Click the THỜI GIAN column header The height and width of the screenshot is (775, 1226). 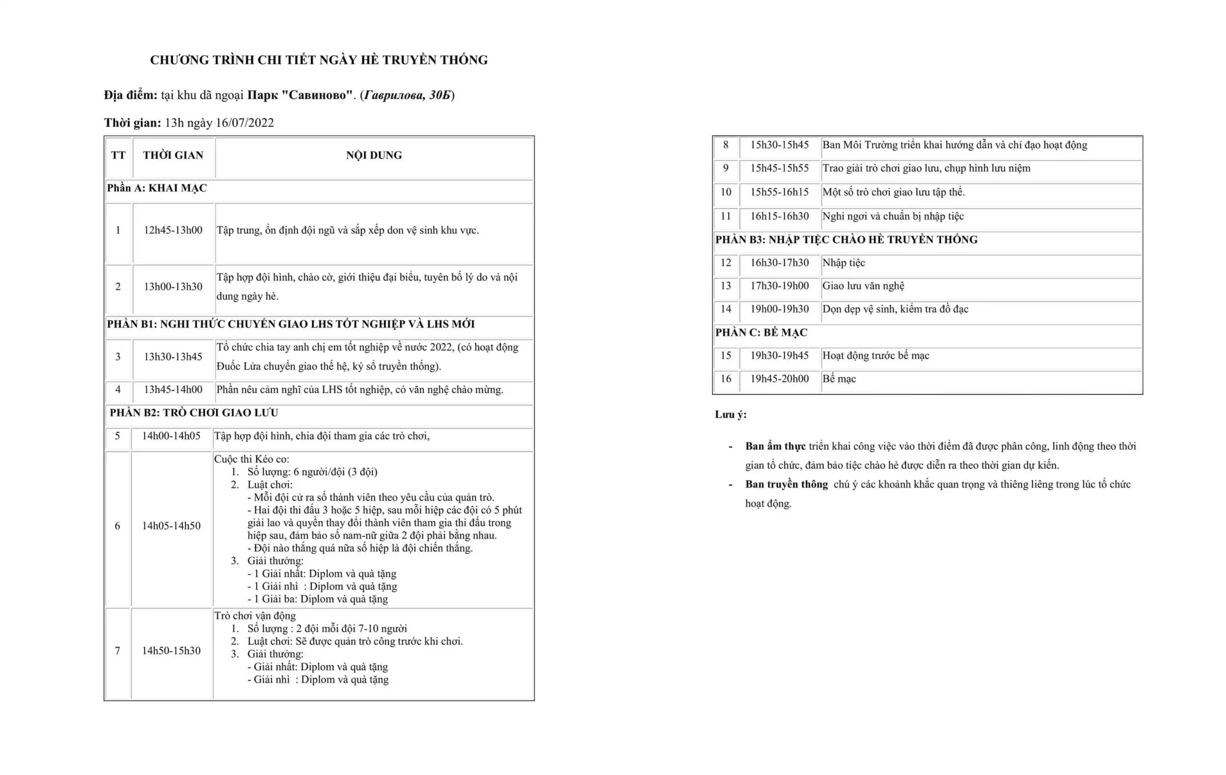point(172,155)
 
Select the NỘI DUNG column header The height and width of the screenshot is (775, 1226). point(374,155)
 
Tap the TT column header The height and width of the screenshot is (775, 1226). point(118,155)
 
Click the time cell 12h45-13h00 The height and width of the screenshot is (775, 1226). point(172,230)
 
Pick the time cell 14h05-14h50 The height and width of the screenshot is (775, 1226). point(171,526)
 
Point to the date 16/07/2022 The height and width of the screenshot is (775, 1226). point(244,123)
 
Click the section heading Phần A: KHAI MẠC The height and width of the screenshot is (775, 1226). point(157,188)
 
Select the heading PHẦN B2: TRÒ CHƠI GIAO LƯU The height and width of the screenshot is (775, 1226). point(194,412)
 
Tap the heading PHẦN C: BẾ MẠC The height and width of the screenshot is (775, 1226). point(761,332)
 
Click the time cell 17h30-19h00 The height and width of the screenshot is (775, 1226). point(779,285)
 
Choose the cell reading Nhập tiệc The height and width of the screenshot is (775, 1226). point(843,263)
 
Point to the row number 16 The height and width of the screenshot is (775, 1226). point(726,379)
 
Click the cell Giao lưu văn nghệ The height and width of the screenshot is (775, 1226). point(863,285)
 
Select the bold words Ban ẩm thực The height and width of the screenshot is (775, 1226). point(775,446)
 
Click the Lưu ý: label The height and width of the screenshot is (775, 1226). point(730,414)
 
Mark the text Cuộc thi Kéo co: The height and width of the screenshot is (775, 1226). point(251,459)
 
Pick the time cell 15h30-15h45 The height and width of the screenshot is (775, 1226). point(779,145)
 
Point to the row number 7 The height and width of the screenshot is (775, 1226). point(118,651)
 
